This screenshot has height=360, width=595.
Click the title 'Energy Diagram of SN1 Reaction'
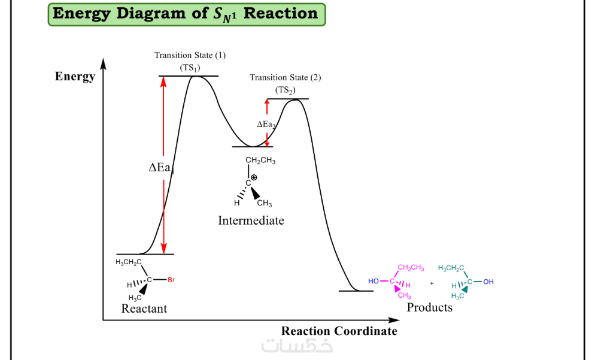click(186, 14)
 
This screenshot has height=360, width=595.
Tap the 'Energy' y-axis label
click(75, 77)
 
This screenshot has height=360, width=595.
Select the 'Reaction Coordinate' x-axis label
click(339, 331)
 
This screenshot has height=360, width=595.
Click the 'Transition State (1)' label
click(190, 56)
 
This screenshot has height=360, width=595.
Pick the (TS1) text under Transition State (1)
click(190, 68)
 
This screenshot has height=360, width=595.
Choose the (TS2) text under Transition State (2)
click(286, 90)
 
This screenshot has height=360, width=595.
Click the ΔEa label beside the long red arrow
click(160, 168)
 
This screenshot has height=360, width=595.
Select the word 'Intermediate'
click(251, 220)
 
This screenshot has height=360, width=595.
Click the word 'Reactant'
click(144, 309)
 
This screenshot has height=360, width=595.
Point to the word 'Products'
click(429, 307)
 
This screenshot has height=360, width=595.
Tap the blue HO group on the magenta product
click(374, 281)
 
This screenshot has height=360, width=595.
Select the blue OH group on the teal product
click(488, 282)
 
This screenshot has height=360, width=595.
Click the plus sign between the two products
click(432, 282)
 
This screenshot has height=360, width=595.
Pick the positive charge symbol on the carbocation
click(254, 177)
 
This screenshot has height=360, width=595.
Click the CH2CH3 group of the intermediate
click(261, 161)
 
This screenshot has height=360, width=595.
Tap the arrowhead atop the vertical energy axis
click(104, 63)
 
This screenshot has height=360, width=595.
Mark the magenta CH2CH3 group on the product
click(411, 268)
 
